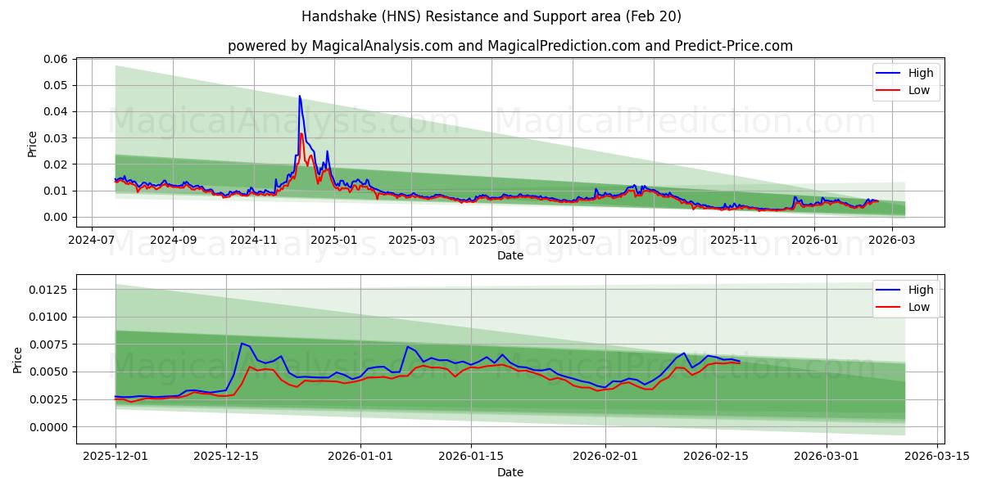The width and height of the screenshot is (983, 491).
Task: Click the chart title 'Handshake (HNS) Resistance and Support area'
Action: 491,16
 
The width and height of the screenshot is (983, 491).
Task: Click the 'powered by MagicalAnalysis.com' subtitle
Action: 510,46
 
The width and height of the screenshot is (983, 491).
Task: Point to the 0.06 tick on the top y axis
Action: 55,59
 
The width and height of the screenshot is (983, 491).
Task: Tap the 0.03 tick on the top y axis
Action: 55,138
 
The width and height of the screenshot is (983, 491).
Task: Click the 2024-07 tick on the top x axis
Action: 92,241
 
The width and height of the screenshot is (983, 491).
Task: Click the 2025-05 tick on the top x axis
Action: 491,241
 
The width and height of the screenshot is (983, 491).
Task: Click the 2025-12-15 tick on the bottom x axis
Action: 225,457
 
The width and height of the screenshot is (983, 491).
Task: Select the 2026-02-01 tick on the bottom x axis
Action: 605,457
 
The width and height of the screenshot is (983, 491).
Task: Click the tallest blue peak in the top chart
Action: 300,96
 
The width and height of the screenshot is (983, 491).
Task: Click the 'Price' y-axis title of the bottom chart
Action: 18,359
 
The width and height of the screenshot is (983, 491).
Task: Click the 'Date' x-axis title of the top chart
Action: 510,256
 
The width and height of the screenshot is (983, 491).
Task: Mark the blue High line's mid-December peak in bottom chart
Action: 242,344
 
